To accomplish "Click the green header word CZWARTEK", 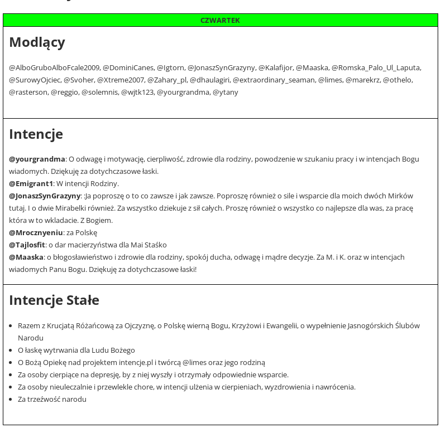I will point(220,21).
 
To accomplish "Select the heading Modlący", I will point(37,42).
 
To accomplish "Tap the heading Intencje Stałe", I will point(54,300).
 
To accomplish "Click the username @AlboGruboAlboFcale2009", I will point(54,68).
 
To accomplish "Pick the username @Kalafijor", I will point(275,68).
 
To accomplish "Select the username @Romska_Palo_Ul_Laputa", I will point(376,68).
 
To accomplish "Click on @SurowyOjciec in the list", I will point(35,80).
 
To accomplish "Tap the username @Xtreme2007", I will point(121,80).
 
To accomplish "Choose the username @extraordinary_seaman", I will point(274,80).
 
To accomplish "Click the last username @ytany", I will point(225,93).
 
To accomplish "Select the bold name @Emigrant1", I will point(31,184).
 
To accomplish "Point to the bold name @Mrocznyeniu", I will point(36,233).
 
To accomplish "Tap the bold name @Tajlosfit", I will point(27,245).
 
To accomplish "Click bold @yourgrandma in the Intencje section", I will point(37,159).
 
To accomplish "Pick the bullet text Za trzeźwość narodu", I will point(52,400).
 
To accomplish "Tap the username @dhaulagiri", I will point(209,80).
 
